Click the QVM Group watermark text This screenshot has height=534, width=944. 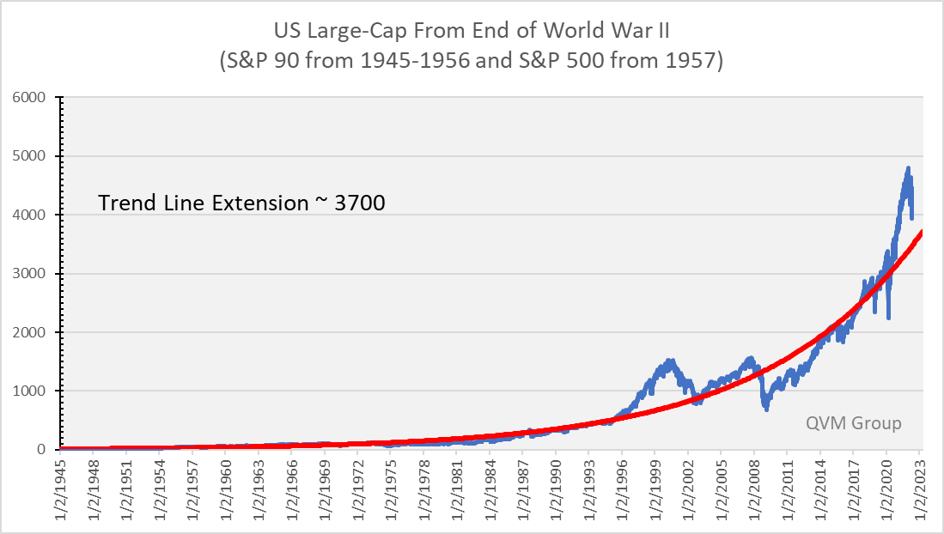click(854, 423)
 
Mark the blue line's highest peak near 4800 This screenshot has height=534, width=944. click(908, 167)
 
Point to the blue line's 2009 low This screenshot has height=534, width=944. click(766, 410)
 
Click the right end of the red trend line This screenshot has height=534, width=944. click(922, 232)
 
